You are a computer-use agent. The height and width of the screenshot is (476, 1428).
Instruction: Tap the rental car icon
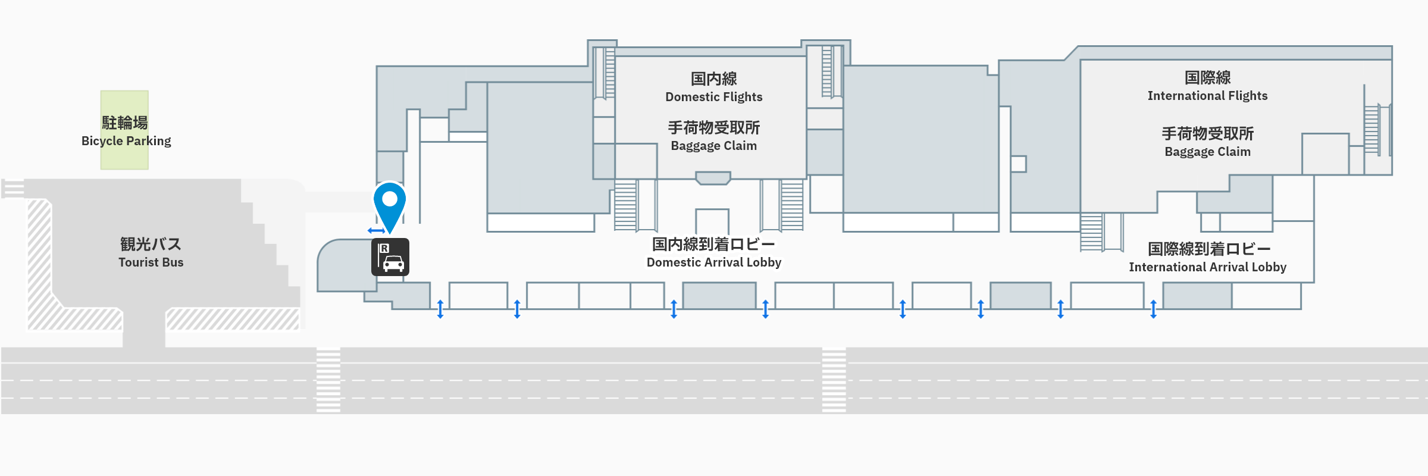(390, 257)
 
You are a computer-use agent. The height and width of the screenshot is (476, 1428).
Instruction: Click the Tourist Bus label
(151, 262)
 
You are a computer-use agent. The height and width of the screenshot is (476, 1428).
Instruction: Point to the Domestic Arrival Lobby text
(713, 262)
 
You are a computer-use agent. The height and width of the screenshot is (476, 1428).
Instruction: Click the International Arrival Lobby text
(1207, 267)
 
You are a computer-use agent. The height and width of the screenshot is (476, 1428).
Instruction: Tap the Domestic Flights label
(713, 97)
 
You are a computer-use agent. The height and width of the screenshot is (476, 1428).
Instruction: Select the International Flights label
(1207, 96)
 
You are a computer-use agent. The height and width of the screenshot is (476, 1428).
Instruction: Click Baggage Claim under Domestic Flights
(713, 146)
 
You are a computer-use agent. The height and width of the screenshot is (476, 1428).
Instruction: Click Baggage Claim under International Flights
(1207, 152)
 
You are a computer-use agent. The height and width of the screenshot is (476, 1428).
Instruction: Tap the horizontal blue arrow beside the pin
(376, 230)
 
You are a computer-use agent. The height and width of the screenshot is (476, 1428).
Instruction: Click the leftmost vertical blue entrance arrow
(440, 309)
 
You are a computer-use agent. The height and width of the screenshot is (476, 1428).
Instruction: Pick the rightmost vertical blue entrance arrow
(1153, 309)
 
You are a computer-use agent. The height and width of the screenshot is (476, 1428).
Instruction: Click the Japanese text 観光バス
(151, 244)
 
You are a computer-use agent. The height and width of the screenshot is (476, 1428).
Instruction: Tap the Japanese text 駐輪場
(124, 123)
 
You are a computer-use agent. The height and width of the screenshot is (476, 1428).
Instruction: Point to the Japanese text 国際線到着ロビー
(1208, 249)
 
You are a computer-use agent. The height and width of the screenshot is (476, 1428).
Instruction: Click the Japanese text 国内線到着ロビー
(713, 244)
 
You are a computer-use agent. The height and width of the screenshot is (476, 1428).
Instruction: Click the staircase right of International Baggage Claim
(1371, 130)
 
